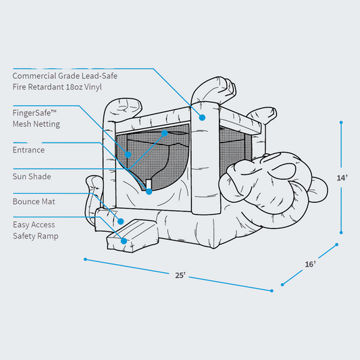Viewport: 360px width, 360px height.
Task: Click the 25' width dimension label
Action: tap(180, 275)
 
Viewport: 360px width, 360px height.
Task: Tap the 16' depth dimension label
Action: tap(310, 264)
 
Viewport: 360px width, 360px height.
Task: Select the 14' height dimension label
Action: tap(343, 178)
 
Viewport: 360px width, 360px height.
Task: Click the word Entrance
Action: tap(28, 150)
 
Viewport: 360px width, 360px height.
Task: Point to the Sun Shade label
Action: tap(32, 176)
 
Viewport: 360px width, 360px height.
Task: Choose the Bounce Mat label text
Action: tap(34, 201)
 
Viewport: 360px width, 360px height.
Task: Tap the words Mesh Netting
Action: tap(36, 124)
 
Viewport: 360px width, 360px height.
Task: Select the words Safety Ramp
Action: tap(35, 236)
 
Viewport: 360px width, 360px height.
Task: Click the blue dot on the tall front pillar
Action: tap(201, 118)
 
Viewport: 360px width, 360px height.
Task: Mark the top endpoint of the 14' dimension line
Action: tap(341, 123)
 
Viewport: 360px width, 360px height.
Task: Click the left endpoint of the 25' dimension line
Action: tap(86, 259)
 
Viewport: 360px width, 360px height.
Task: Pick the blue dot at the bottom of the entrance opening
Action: tap(149, 192)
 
